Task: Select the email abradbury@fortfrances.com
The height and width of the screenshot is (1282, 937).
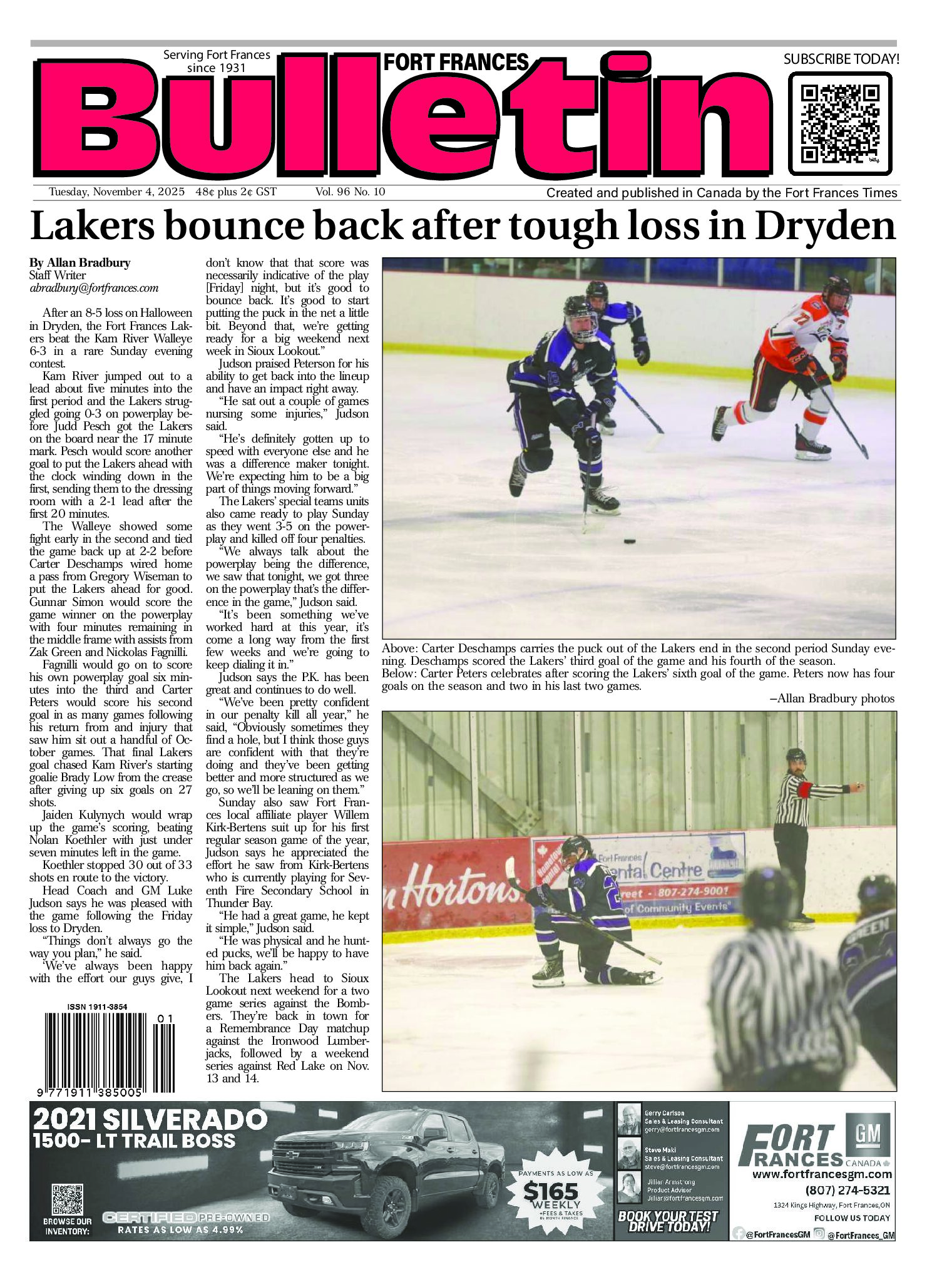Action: pyautogui.click(x=93, y=289)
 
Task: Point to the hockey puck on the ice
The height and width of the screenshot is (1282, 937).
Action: pyautogui.click(x=629, y=540)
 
